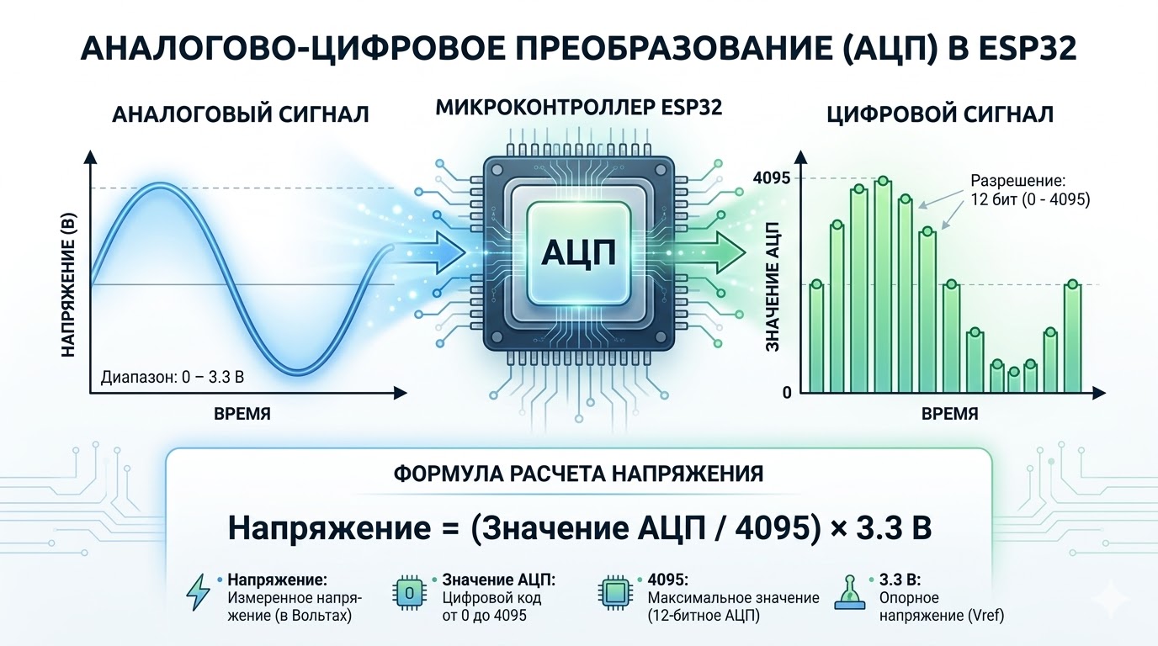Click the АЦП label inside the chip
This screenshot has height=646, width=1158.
click(580, 253)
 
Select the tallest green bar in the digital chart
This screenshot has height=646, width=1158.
click(882, 286)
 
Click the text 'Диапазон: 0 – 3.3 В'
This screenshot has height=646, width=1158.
click(172, 376)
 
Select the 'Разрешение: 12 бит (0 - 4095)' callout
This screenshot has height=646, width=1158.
click(1029, 190)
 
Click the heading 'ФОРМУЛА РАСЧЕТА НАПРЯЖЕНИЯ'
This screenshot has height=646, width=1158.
click(578, 474)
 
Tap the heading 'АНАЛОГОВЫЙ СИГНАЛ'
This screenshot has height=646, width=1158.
click(241, 114)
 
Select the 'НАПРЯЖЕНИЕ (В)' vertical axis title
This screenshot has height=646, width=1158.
click(70, 286)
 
